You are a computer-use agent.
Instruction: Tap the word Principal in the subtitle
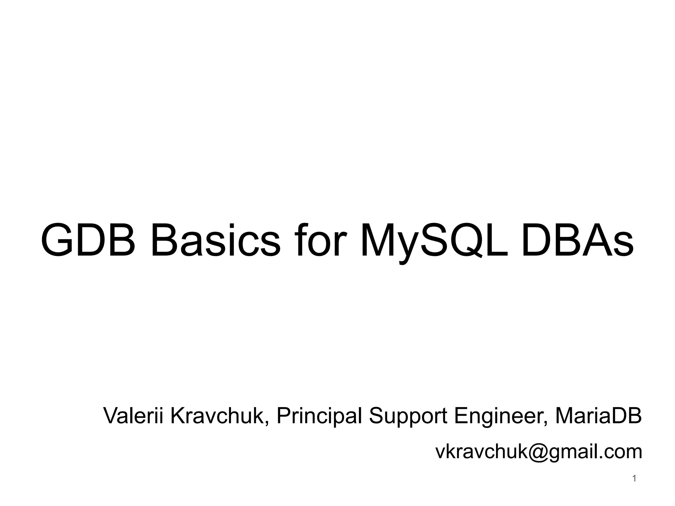pyautogui.click(x=319, y=416)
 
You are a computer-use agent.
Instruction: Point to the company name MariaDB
pyautogui.click(x=599, y=416)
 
